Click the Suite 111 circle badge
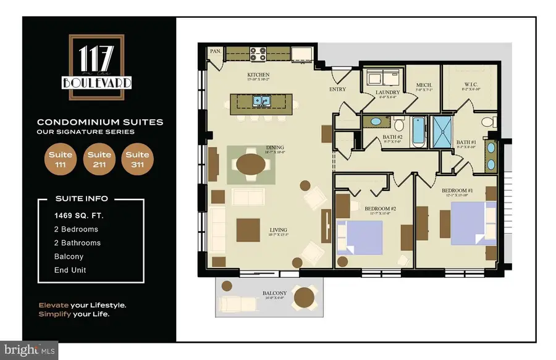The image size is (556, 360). [x=61, y=159]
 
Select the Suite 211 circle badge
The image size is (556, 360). [x=99, y=159]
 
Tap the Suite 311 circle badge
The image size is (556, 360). [x=137, y=159]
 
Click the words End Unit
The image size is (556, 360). [x=69, y=270]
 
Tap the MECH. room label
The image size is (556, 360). [x=424, y=85]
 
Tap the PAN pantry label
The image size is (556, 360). [x=216, y=51]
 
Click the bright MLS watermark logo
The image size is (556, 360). [x=30, y=350]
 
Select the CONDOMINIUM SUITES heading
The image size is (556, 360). [x=99, y=122]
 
